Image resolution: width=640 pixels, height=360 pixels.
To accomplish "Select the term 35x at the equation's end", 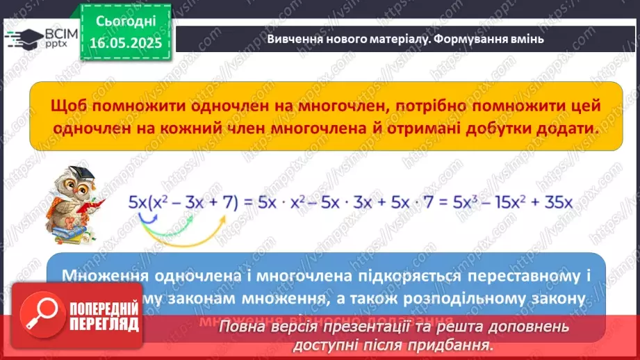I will click(x=557, y=202).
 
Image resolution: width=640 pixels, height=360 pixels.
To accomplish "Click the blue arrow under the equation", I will click(x=147, y=221).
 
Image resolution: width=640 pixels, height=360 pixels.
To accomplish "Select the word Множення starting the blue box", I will click(x=104, y=275).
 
